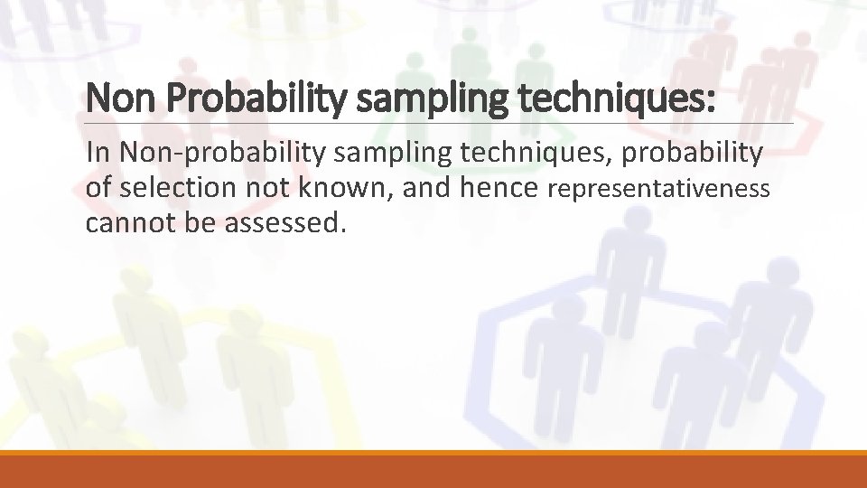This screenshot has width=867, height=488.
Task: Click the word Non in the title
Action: [115, 98]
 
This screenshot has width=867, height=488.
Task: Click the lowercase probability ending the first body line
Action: [700, 154]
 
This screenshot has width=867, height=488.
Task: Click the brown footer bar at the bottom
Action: [433, 472]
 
